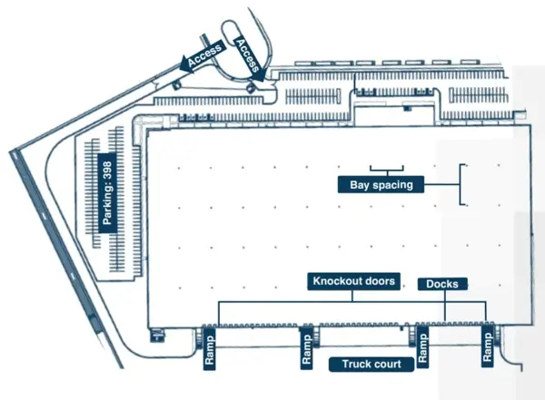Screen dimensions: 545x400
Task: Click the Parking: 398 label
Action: tap(107, 192)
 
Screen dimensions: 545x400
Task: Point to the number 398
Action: tap(107, 171)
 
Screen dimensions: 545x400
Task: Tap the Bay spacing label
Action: tap(381, 184)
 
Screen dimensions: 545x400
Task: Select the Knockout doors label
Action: tap(354, 281)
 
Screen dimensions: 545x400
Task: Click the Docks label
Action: tap(442, 284)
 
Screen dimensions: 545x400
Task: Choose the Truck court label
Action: tap(372, 365)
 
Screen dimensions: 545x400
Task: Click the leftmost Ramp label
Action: tap(209, 349)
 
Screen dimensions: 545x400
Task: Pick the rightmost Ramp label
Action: tap(487, 346)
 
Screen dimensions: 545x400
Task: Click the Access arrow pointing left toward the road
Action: tap(203, 57)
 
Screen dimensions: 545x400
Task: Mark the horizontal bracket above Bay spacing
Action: tap(387, 170)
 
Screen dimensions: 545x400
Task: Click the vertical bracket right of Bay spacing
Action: tap(462, 184)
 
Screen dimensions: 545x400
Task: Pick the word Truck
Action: tap(355, 365)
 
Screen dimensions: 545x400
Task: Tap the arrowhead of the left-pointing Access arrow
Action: tap(187, 64)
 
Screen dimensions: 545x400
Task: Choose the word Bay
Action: tap(360, 185)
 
